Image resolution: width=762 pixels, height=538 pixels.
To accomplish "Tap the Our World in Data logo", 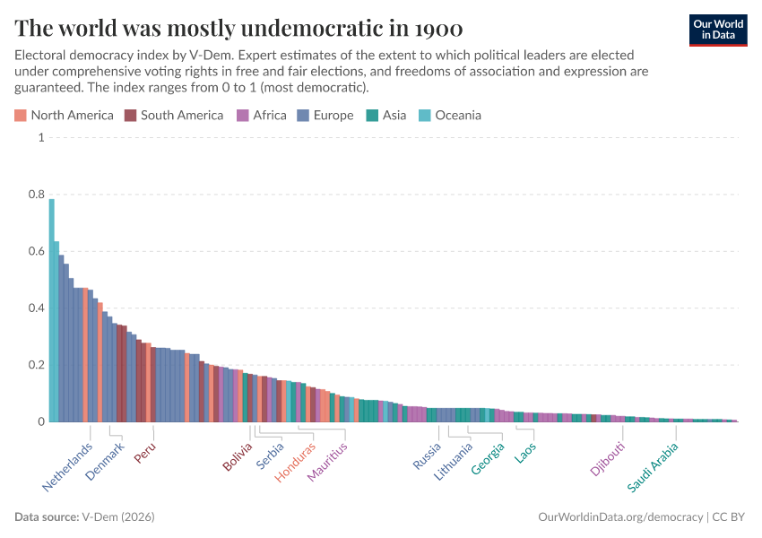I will point(717,29).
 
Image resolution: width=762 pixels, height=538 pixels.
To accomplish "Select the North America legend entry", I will point(64,115).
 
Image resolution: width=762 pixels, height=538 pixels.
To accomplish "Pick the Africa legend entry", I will point(261,115).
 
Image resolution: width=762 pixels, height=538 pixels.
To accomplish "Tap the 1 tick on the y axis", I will point(40,138).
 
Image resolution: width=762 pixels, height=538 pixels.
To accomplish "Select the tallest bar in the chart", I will point(52,309).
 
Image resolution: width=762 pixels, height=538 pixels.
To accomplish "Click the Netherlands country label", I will point(68,467).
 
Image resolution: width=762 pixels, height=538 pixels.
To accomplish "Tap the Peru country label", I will point(145,453).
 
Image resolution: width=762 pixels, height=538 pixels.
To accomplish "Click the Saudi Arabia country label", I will point(653,467).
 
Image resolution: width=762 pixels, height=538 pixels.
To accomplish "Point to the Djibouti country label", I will point(608,459).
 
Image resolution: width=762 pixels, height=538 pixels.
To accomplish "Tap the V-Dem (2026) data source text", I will point(117,517).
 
